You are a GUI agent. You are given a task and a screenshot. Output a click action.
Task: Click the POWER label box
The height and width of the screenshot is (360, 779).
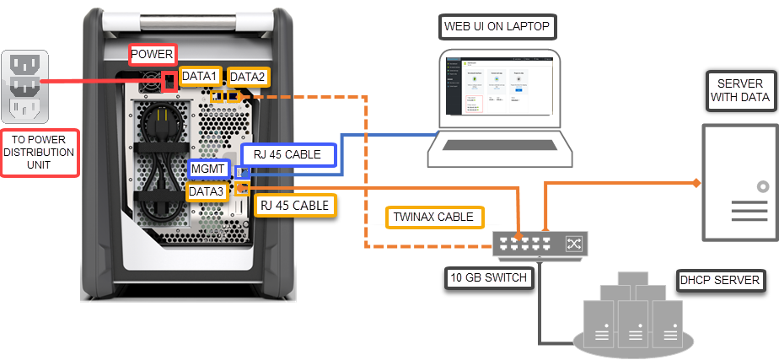(152, 56)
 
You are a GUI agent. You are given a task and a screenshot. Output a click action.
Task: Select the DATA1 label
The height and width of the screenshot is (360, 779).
(200, 77)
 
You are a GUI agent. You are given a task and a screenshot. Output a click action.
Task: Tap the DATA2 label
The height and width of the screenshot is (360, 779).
(248, 77)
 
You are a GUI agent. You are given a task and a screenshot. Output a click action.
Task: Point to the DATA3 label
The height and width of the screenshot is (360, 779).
(207, 191)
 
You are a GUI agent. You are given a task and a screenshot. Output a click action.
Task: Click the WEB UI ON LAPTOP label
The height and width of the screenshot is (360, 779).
(497, 27)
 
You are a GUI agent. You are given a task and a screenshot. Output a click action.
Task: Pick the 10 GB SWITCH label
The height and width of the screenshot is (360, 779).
(488, 278)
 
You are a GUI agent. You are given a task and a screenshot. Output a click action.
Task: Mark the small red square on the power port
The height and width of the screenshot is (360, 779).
(170, 82)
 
